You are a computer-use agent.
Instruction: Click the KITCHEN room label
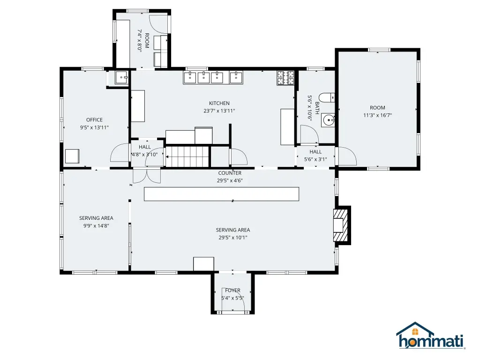pos(219,104)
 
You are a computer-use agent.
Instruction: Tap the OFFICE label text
pos(94,120)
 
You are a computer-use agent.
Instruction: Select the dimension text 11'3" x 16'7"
pos(377,115)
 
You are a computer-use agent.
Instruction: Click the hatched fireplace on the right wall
pos(341,225)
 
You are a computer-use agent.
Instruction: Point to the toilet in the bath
pos(327,97)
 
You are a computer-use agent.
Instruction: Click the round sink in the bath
pos(328,120)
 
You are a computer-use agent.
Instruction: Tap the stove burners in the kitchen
pos(285,78)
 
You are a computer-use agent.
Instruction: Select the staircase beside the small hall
pos(187,157)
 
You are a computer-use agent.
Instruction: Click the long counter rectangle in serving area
pos(221,194)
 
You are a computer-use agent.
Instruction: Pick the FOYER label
pos(232,290)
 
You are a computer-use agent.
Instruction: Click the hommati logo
pos(431,336)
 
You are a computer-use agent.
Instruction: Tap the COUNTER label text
pos(230,173)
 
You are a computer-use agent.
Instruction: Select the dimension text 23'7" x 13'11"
pos(219,111)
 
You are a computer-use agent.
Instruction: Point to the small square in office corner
pos(72,156)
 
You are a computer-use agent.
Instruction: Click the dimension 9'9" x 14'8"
pos(96,226)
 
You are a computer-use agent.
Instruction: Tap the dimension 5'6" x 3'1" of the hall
pos(315,159)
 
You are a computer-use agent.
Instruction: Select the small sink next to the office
pos(122,77)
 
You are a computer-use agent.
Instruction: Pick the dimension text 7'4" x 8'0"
pos(140,40)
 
